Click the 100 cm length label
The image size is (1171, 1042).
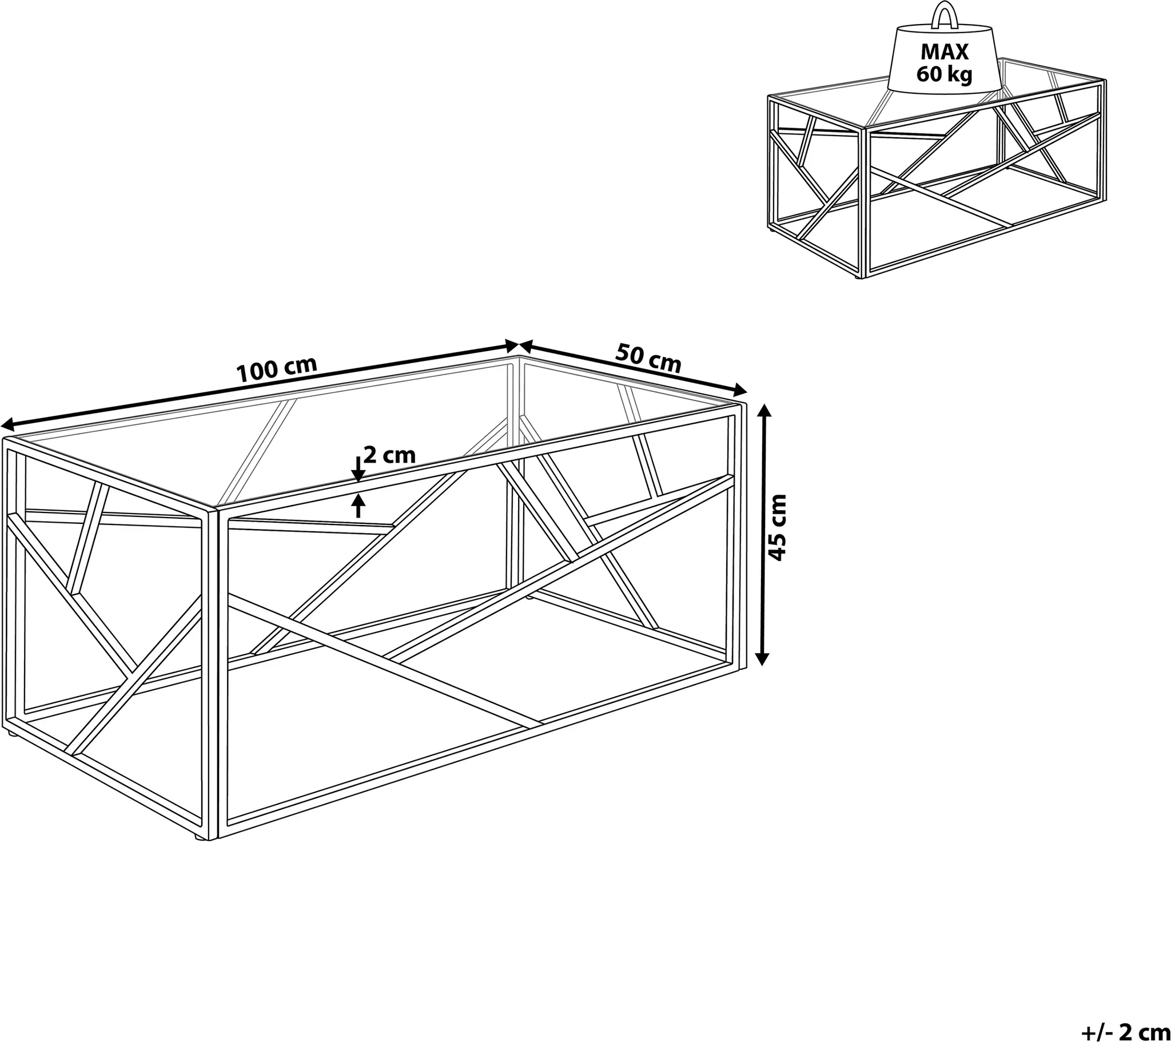[277, 369]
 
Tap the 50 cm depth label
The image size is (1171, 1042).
[648, 357]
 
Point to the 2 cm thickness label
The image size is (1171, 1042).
[389, 455]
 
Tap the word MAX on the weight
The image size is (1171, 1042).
[944, 52]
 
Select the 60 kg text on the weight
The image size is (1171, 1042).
[944, 74]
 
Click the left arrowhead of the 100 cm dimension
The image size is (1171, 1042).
[8, 425]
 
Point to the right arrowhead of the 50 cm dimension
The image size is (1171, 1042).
[741, 389]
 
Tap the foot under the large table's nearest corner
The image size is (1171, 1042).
[198, 838]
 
